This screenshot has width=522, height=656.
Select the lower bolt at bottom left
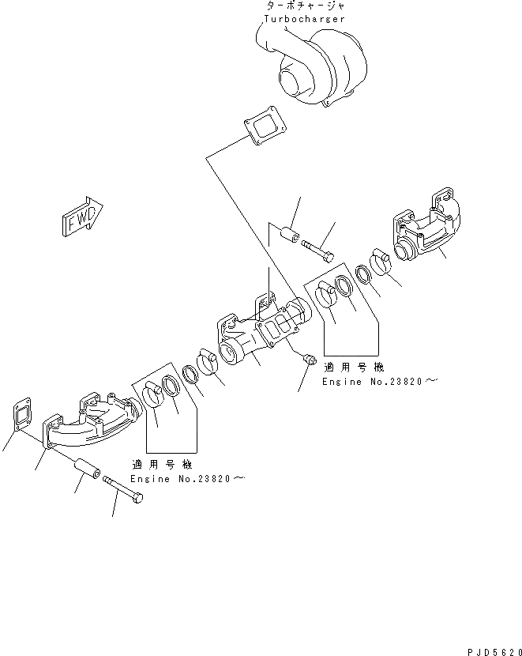[x=122, y=496]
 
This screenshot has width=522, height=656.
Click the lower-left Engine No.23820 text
[x=188, y=479]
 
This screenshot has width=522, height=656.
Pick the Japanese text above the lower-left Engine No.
[x=167, y=464]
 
